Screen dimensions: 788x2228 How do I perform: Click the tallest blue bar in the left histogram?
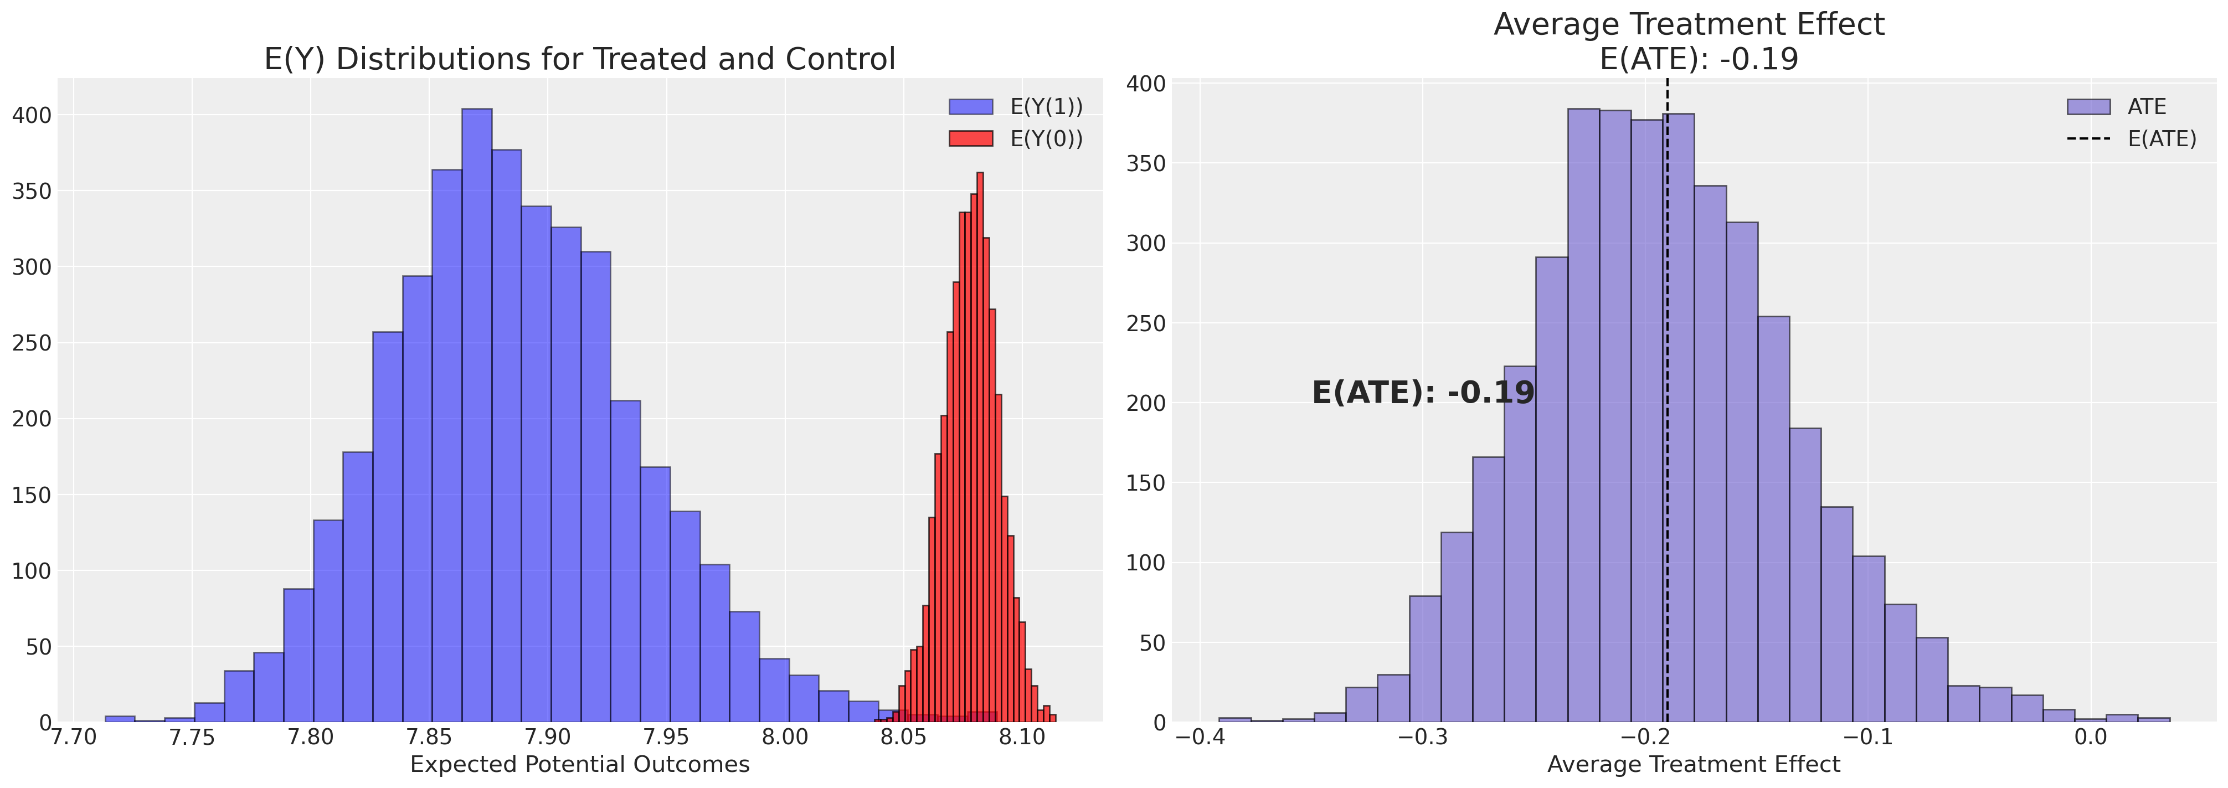[x=477, y=415]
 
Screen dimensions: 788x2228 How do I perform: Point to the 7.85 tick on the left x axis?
[x=430, y=737]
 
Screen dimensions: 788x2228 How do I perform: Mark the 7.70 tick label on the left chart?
[x=74, y=737]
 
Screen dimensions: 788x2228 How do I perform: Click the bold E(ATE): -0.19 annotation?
[x=1423, y=393]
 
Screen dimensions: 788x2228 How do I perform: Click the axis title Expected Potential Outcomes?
[x=579, y=765]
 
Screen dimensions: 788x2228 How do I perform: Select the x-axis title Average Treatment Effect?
[x=1694, y=765]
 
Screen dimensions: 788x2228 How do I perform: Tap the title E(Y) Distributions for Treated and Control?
[x=579, y=59]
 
